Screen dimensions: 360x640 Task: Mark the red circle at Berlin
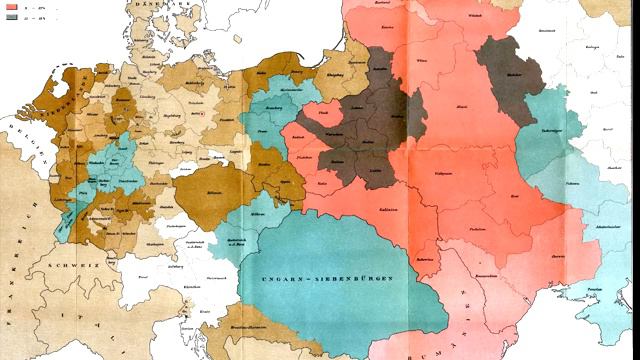tap(204, 114)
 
